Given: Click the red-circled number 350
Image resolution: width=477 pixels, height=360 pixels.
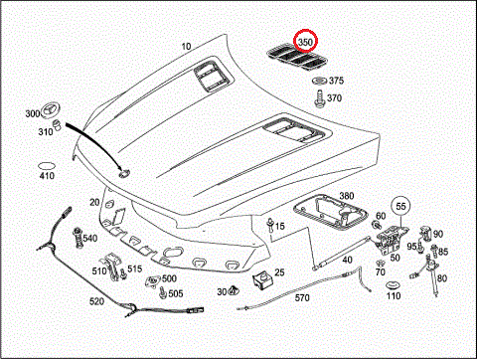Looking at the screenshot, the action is pyautogui.click(x=305, y=43).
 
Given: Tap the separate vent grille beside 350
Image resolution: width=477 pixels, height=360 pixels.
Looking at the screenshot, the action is pyautogui.click(x=297, y=59).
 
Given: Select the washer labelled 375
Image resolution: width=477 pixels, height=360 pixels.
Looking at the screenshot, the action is pyautogui.click(x=319, y=81).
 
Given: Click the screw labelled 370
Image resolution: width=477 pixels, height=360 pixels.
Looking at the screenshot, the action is pyautogui.click(x=320, y=99).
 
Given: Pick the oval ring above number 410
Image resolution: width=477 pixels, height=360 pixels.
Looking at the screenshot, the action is pyautogui.click(x=46, y=166).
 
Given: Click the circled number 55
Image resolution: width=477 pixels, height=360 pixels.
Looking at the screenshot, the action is pyautogui.click(x=400, y=206).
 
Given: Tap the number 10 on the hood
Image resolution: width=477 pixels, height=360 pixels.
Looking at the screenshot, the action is pyautogui.click(x=186, y=47).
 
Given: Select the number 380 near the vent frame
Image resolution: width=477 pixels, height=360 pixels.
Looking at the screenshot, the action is pyautogui.click(x=347, y=196).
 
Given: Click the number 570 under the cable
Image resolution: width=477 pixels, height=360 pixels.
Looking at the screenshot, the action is pyautogui.click(x=302, y=297).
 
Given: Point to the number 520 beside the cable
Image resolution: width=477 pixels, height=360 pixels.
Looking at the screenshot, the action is pyautogui.click(x=96, y=301).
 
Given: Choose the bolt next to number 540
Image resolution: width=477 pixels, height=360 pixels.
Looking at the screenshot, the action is pyautogui.click(x=78, y=238).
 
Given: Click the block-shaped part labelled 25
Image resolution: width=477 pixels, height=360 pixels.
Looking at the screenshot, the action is pyautogui.click(x=262, y=280).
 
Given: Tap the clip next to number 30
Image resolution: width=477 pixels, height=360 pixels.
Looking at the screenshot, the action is pyautogui.click(x=235, y=290).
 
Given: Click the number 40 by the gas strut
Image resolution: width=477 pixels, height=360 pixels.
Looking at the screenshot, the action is pyautogui.click(x=347, y=260).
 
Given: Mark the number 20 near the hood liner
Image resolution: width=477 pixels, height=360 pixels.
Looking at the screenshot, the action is pyautogui.click(x=94, y=202).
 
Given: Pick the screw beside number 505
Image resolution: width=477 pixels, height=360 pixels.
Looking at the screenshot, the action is pyautogui.click(x=163, y=292).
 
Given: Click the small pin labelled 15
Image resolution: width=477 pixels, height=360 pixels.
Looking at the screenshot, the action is pyautogui.click(x=271, y=224).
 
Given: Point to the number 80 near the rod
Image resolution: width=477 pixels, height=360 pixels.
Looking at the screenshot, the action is pyautogui.click(x=442, y=278).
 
